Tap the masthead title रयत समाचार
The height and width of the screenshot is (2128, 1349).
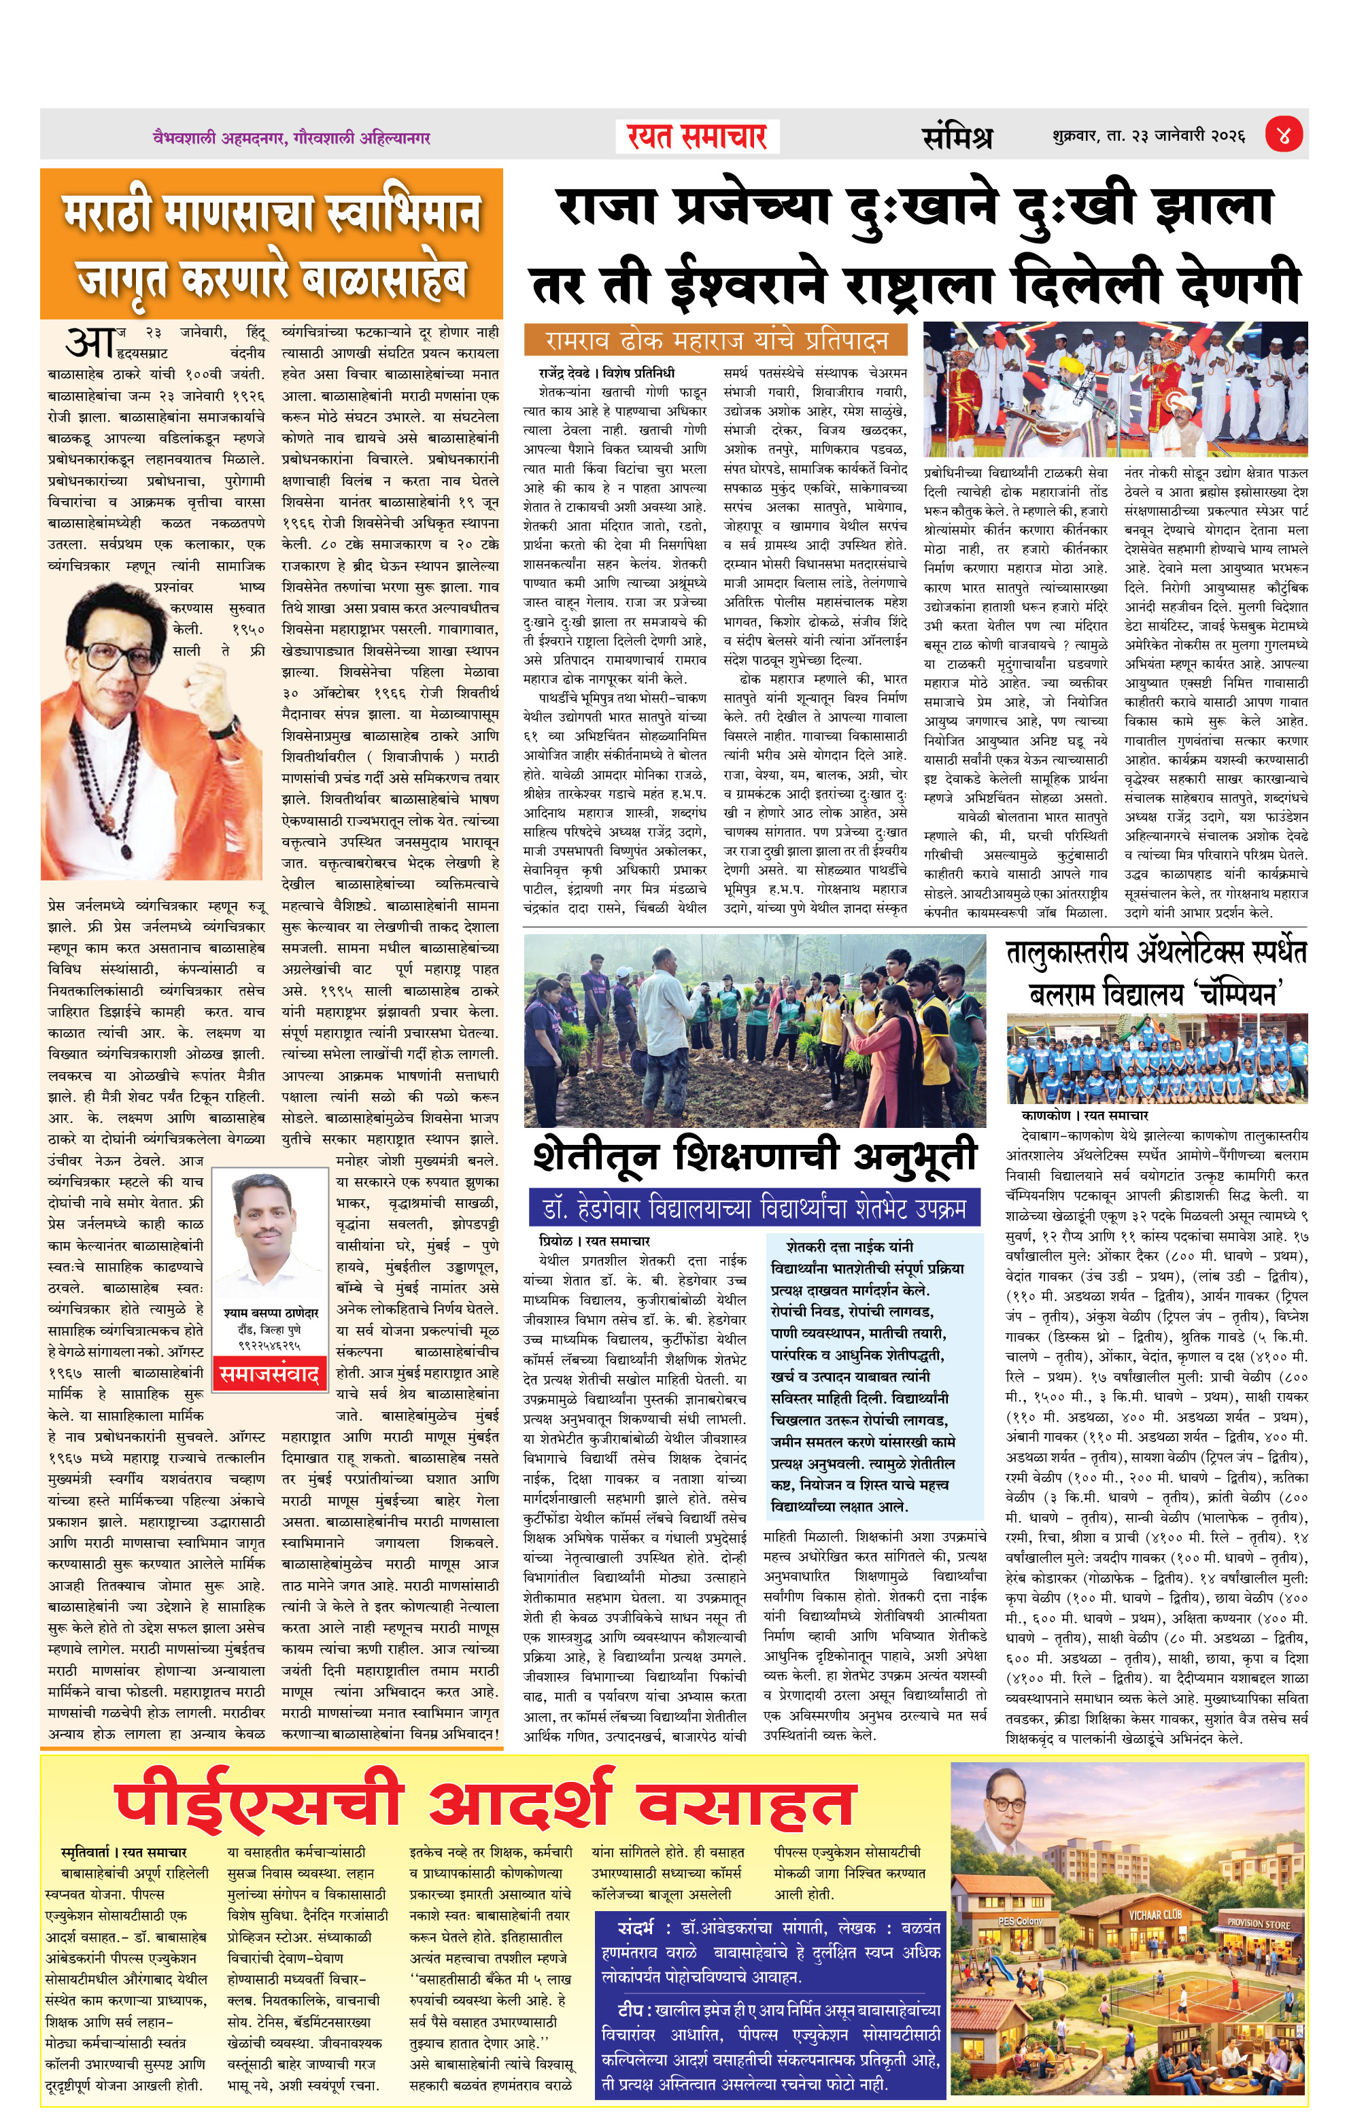point(697,137)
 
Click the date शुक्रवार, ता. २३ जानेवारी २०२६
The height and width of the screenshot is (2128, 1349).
point(1148,137)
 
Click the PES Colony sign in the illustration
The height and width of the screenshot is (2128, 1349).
point(1021,1921)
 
